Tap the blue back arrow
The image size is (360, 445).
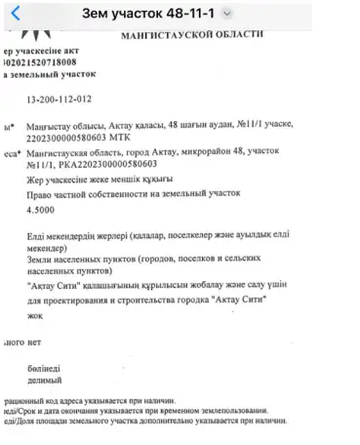(14, 14)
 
